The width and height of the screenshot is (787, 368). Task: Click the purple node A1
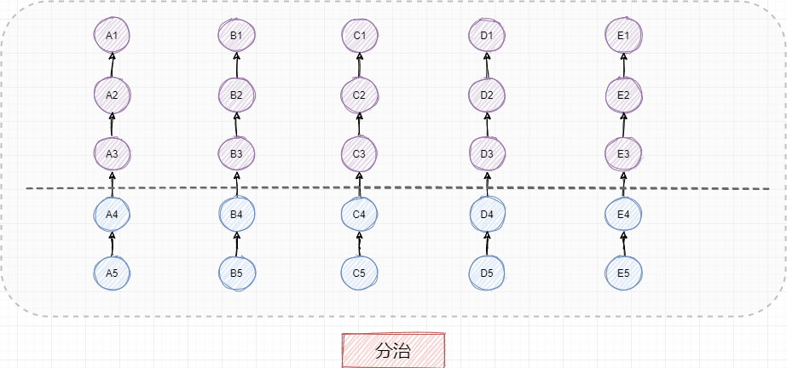tap(112, 35)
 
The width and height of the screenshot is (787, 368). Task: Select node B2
tap(236, 95)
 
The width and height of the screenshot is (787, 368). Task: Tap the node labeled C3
tap(359, 154)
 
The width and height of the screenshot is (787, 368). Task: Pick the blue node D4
tap(487, 214)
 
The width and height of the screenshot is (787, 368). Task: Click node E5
tap(623, 273)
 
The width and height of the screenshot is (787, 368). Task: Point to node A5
tap(112, 273)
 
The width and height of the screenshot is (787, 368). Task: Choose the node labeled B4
tap(236, 214)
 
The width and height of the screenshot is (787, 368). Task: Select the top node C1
tap(359, 35)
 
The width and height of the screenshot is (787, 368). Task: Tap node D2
tap(487, 95)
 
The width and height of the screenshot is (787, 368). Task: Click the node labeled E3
tap(623, 154)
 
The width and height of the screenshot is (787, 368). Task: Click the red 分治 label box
tap(394, 350)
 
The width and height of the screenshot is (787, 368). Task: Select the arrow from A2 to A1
tap(112, 65)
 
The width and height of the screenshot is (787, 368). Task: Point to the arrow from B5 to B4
tap(236, 244)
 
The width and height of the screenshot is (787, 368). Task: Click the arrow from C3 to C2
tap(359, 124)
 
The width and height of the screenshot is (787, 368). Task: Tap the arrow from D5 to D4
tap(487, 244)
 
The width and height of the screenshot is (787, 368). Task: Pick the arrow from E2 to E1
tap(623, 65)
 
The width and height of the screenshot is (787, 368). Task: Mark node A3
tap(112, 154)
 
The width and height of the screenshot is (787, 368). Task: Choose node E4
tap(623, 214)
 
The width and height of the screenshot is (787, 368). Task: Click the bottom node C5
tap(359, 273)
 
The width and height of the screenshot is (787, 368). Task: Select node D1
tap(487, 35)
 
